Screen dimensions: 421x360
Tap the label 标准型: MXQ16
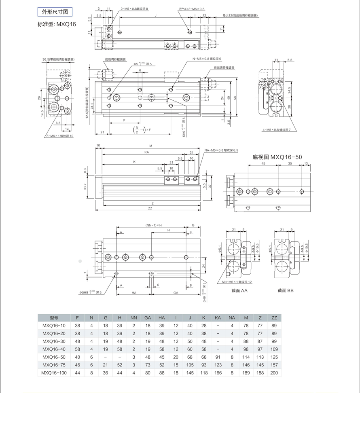(57, 24)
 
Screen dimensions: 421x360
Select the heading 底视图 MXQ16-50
(277, 157)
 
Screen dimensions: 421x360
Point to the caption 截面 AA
(239, 290)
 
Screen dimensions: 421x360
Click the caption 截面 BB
(286, 290)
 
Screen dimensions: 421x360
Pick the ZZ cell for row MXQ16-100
(274, 372)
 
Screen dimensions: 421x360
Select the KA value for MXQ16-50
(218, 357)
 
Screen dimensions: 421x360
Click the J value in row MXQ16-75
(190, 365)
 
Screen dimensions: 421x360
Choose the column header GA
(148, 317)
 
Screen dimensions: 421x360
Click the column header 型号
(54, 317)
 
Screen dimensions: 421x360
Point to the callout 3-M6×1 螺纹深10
(59, 136)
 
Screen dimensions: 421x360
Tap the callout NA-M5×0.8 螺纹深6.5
(221, 150)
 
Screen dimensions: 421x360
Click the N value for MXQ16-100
(91, 372)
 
